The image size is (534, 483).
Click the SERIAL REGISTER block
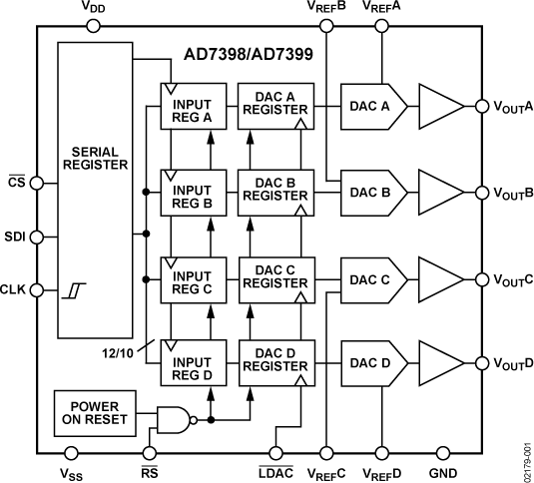click(96, 190)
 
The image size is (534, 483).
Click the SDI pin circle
click(37, 237)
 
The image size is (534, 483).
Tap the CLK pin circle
click(37, 290)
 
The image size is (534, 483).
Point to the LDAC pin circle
click(275, 451)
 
